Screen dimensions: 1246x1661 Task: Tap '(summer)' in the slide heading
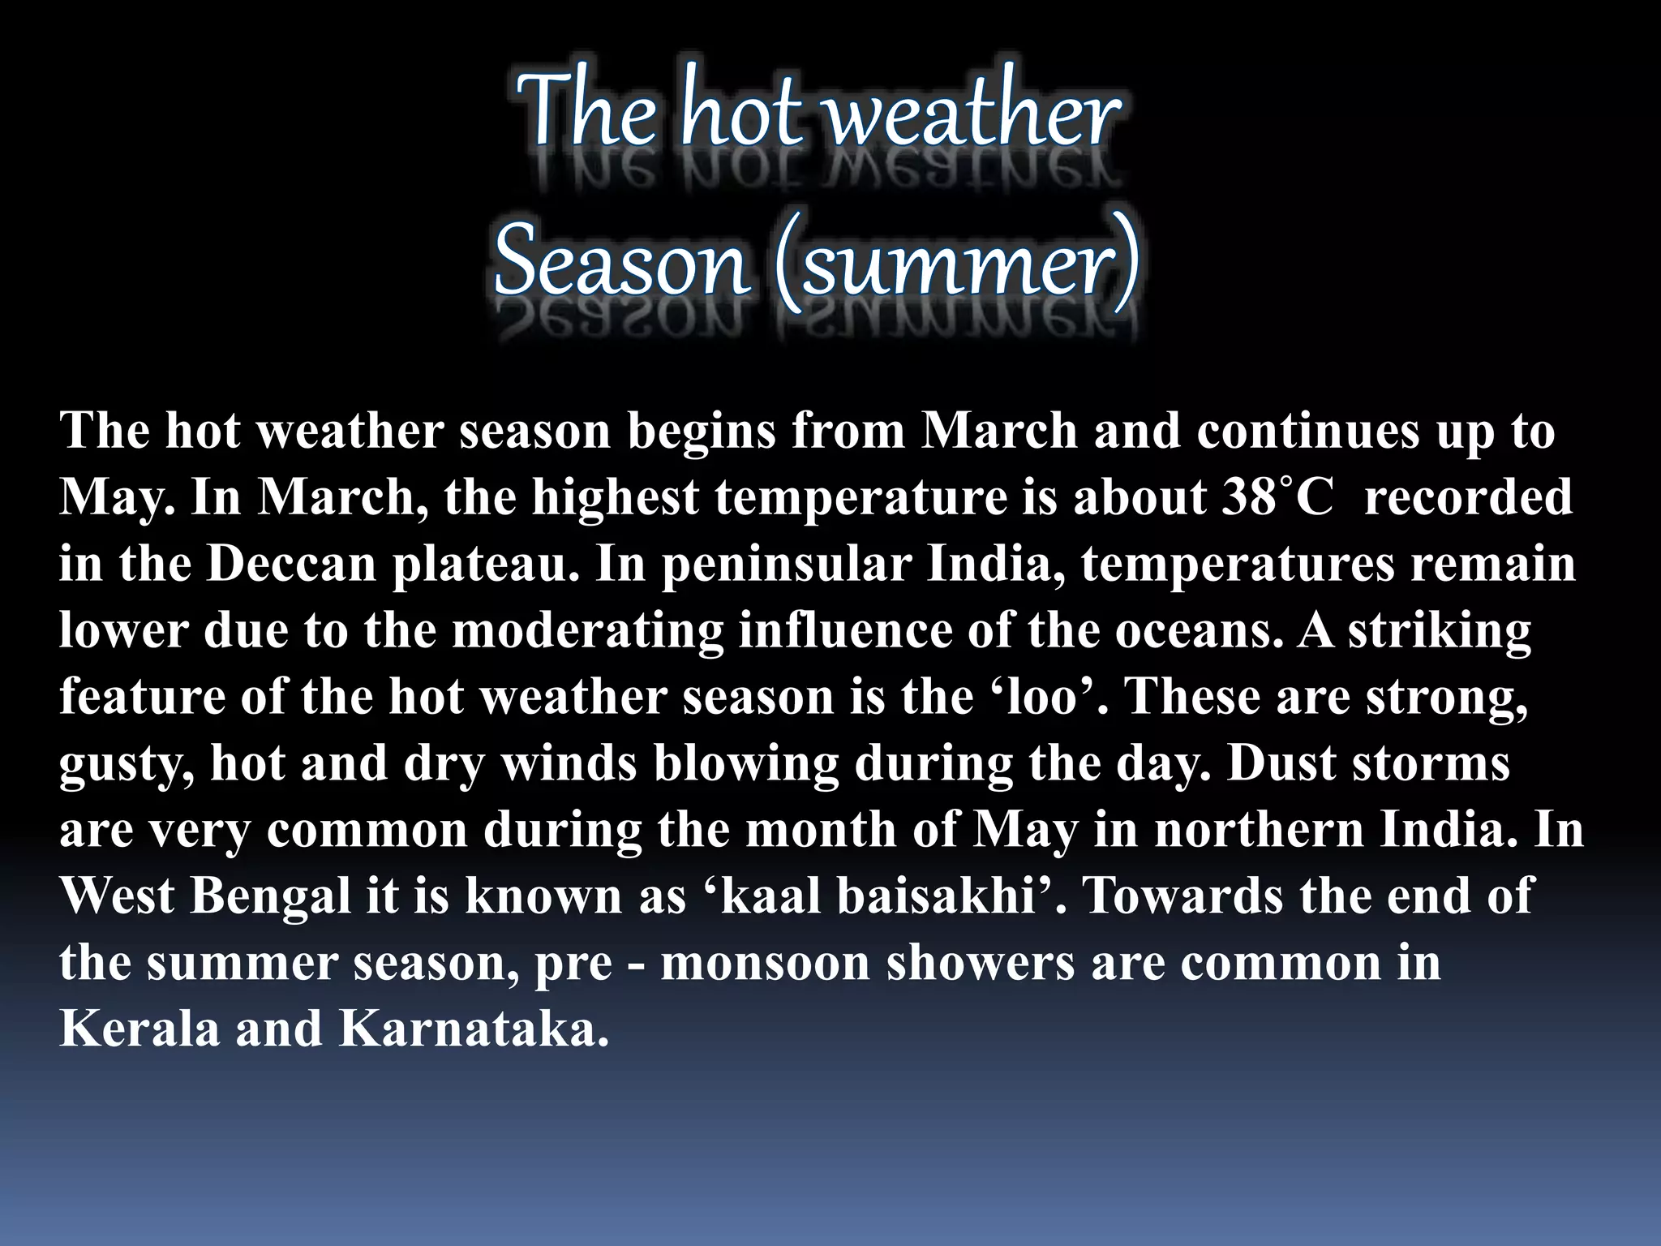pyautogui.click(x=957, y=264)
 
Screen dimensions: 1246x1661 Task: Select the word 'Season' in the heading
pyautogui.click(x=620, y=264)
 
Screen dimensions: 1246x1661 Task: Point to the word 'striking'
pyautogui.click(x=1440, y=630)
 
